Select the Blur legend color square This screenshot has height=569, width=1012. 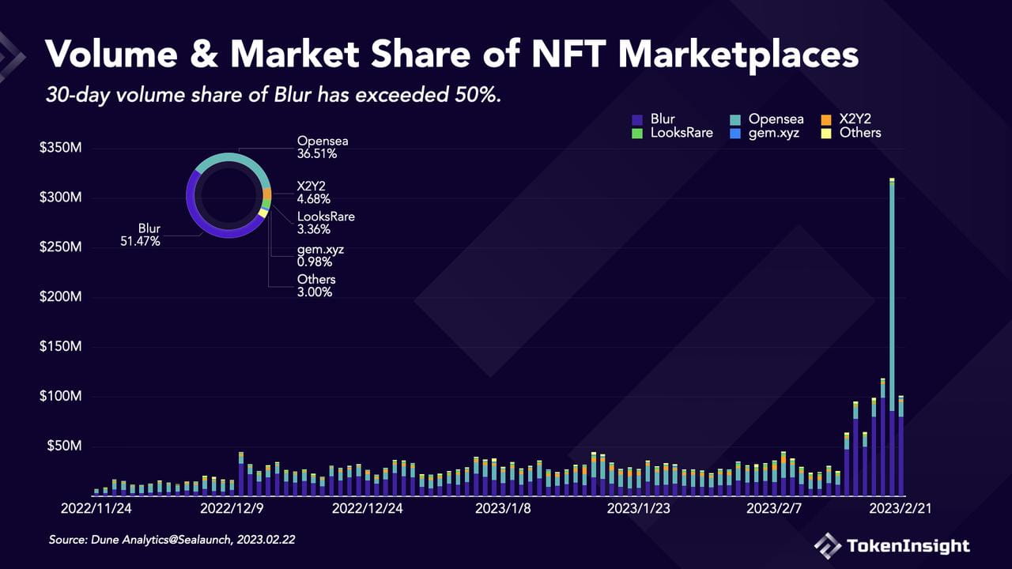637,119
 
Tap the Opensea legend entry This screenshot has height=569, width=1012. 767,119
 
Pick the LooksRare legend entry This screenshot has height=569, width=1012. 672,134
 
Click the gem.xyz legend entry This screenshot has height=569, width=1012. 765,134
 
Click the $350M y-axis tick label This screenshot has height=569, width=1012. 61,148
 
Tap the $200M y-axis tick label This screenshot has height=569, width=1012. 61,296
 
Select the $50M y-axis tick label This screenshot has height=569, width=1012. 65,446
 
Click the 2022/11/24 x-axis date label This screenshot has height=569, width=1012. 96,508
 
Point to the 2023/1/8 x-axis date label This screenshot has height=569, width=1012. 503,508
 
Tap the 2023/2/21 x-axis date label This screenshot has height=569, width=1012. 901,508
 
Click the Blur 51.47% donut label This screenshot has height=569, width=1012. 141,235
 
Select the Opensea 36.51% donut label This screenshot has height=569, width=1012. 323,147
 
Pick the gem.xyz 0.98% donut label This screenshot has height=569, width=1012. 320,255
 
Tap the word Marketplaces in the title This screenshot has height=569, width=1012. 738,55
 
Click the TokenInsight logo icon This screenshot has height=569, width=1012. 828,546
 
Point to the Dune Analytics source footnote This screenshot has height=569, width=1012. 172,540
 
